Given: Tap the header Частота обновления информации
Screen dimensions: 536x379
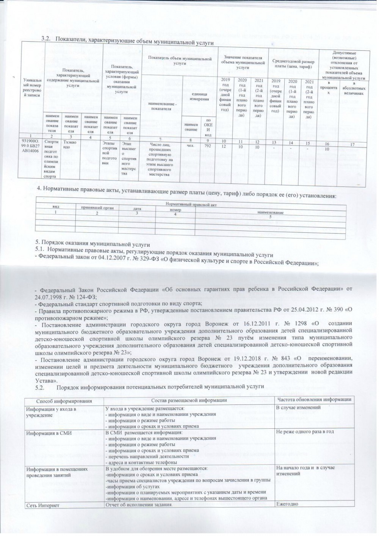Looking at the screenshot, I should tap(314, 400).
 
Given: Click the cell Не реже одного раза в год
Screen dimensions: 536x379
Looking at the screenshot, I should tap(305, 432).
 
